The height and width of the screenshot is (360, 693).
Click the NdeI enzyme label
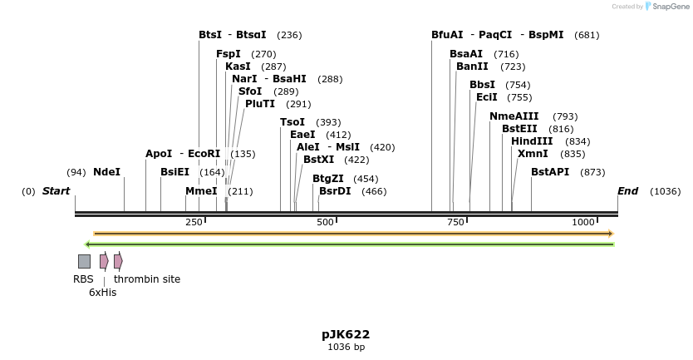tap(106, 172)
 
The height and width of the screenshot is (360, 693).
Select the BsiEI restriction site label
tap(174, 172)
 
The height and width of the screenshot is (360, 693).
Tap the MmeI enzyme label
tap(201, 191)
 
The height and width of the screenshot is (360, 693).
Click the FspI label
tap(228, 54)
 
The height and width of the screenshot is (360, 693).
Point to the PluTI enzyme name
tap(259, 104)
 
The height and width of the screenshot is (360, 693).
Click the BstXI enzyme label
tap(318, 160)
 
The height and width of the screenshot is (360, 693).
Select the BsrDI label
tap(335, 191)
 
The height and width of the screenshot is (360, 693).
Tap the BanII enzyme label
tap(472, 67)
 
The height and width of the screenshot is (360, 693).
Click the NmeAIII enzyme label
tap(514, 116)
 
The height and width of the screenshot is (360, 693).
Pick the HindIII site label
tap(532, 141)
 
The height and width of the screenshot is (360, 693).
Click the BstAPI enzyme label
tap(550, 172)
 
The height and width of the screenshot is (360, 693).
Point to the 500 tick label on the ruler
tap(325, 222)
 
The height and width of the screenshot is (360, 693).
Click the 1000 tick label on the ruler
tap(583, 222)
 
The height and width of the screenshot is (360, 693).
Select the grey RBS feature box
tap(84, 261)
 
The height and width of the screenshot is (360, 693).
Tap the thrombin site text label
tap(147, 279)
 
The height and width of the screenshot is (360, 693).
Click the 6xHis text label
tap(102, 293)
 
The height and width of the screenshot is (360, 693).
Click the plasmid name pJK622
tap(346, 334)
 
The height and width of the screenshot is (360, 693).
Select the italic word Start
tap(56, 191)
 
